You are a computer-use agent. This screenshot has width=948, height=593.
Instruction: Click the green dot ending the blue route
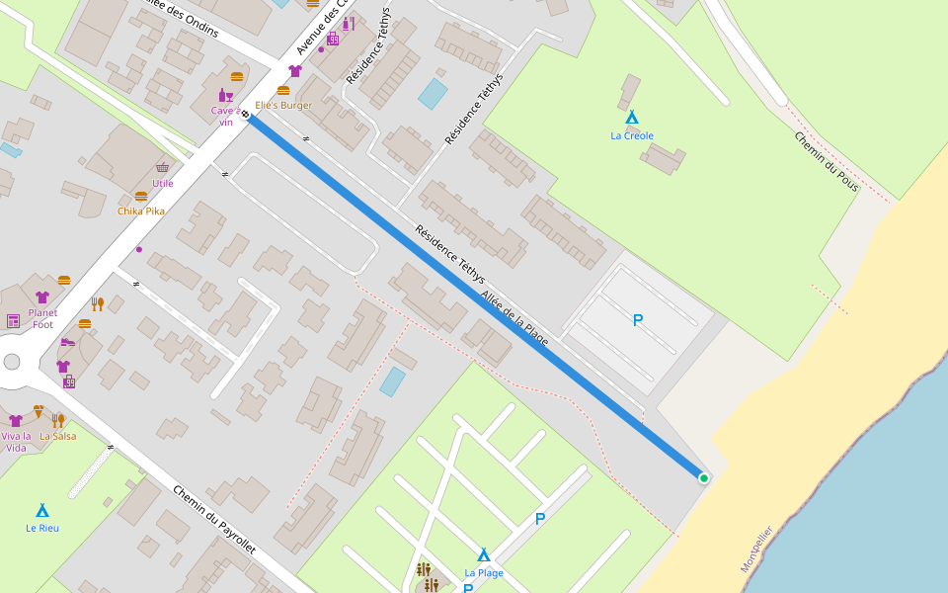704,478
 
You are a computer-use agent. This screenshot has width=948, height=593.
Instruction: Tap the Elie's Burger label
283,105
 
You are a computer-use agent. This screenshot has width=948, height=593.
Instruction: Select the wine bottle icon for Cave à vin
226,95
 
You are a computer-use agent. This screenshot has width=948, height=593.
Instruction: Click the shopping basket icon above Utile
162,168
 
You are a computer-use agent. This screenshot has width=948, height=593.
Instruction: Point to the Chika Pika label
141,211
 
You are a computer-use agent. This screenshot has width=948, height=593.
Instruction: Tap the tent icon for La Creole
632,117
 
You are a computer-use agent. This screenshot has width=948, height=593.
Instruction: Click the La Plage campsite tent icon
484,554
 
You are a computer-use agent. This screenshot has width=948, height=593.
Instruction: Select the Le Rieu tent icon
42,510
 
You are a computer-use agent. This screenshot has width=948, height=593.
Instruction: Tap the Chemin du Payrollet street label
214,520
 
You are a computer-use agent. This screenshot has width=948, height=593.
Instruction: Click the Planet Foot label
42,318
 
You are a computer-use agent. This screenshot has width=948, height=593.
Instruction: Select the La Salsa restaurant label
57,436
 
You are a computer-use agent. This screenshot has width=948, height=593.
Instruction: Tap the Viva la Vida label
16,442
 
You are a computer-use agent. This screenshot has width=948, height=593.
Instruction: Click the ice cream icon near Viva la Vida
39,410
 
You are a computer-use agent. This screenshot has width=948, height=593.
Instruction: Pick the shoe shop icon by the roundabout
67,342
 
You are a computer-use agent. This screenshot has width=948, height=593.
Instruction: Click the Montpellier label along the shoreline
756,550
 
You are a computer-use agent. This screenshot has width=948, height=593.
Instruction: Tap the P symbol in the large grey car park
638,320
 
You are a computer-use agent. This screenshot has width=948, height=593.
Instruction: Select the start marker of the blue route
245,115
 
